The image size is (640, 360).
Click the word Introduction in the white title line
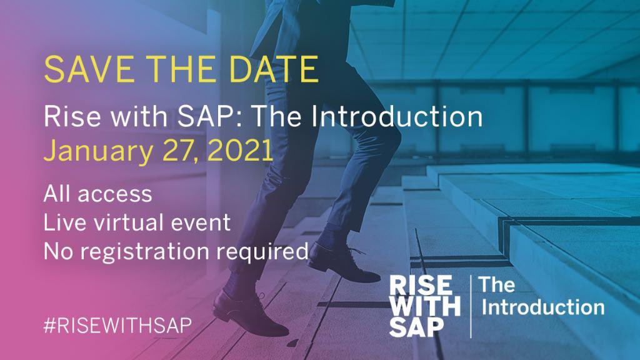click(396, 117)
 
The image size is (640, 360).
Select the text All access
click(97, 193)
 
